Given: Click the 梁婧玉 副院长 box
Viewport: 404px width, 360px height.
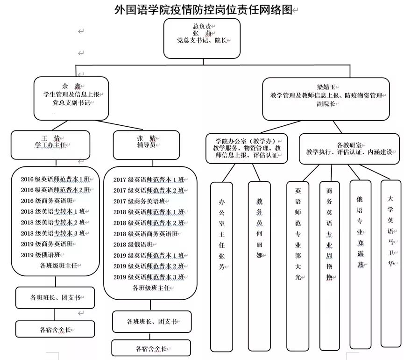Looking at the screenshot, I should click(326, 99).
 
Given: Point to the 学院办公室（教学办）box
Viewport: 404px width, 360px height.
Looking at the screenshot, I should click(247, 148).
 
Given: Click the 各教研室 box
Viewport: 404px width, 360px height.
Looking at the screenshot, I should click(349, 149).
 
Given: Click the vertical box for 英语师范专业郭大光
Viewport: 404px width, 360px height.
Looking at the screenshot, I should click(298, 264).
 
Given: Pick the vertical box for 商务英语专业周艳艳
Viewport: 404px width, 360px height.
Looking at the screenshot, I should click(329, 264).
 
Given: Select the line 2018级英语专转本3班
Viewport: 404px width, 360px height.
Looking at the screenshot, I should click(55, 233).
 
